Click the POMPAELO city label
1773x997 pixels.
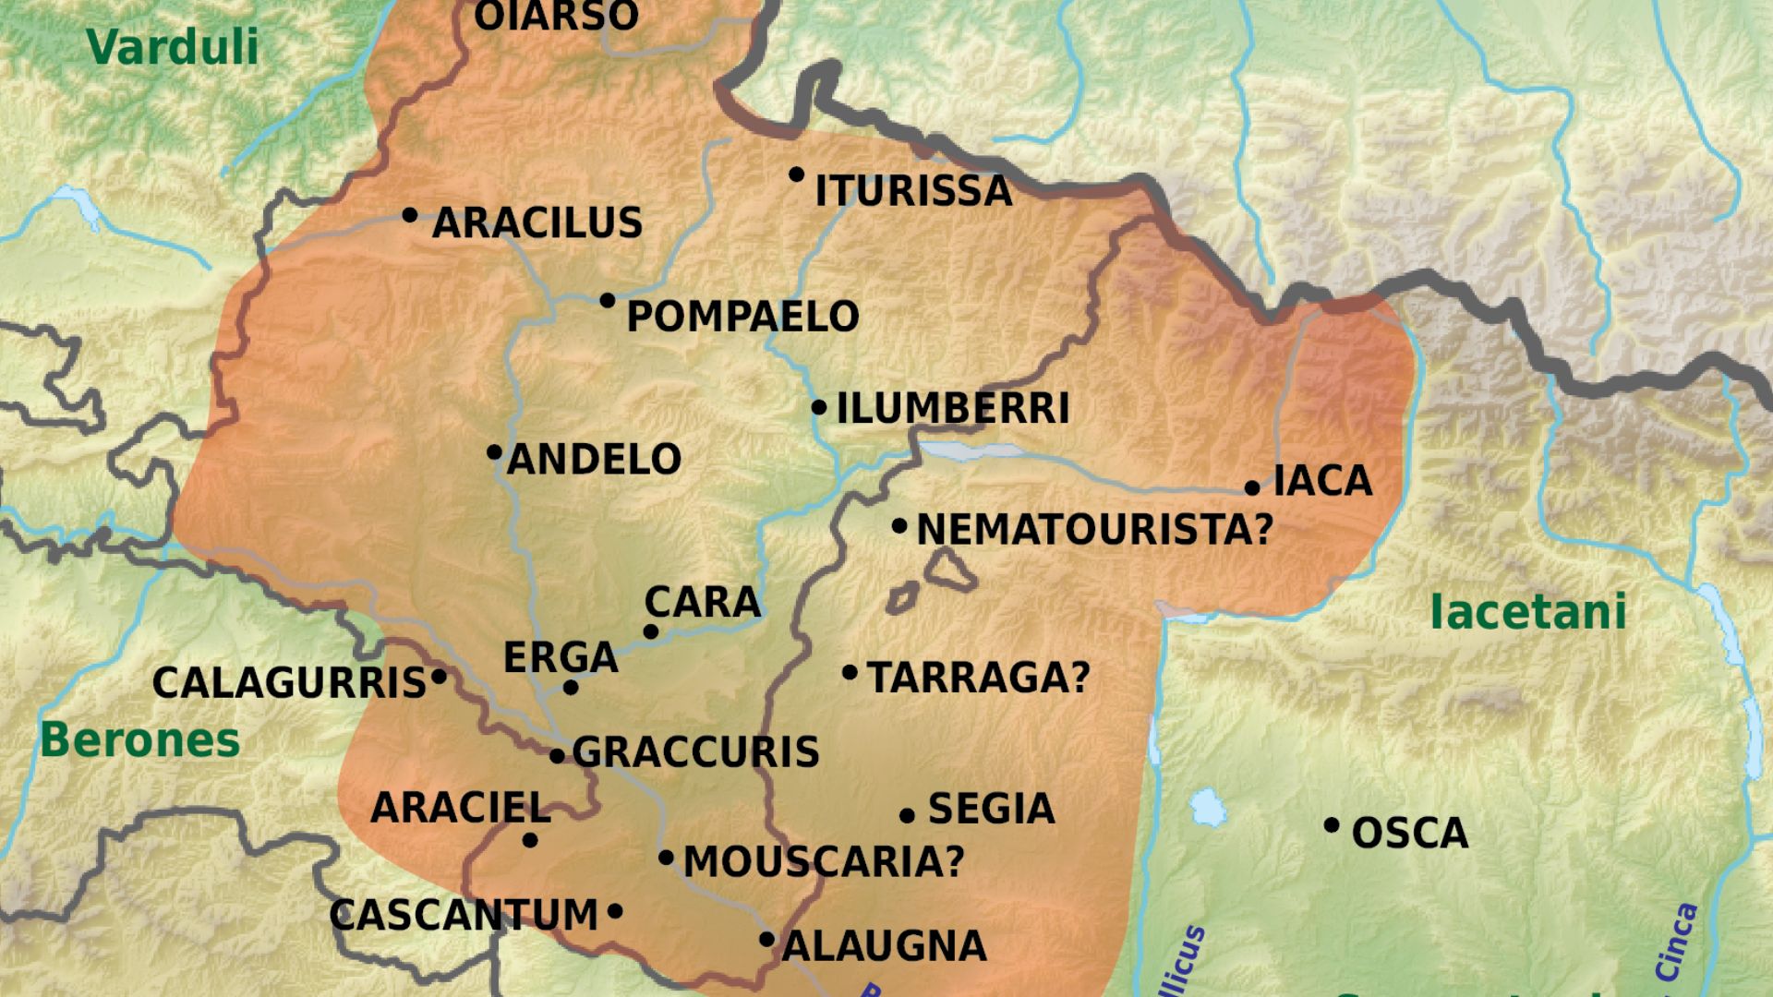click(x=742, y=317)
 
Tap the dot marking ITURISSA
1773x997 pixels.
click(x=796, y=174)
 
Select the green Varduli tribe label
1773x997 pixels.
click(x=173, y=47)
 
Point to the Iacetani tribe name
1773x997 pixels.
click(x=1527, y=612)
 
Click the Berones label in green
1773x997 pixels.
click(x=140, y=740)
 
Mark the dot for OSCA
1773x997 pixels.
click(x=1332, y=825)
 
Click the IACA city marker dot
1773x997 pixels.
click(x=1252, y=487)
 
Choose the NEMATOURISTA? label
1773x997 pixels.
click(x=1094, y=530)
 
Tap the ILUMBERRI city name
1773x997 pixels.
click(x=952, y=409)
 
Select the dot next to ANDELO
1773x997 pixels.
click(x=495, y=452)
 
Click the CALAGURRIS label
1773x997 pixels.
click(x=289, y=684)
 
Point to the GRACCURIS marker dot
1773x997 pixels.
click(x=557, y=756)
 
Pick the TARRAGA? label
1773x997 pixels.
click(x=979, y=678)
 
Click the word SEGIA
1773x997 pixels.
click(x=991, y=810)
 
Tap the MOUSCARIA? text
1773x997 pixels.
click(x=824, y=862)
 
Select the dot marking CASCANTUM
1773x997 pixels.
click(x=615, y=912)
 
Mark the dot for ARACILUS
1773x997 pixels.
click(x=410, y=215)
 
